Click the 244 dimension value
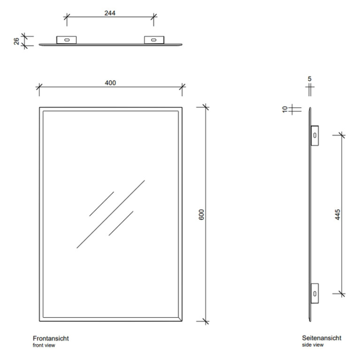pyautogui.click(x=110, y=13)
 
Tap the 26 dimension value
pyautogui.click(x=16, y=41)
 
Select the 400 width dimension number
pyautogui.click(x=110, y=83)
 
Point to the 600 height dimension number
pyautogui.click(x=201, y=214)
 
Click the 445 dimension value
pyautogui.click(x=337, y=214)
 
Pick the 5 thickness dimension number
pyautogui.click(x=309, y=79)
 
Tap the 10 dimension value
pyautogui.click(x=285, y=109)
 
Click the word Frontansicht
pyautogui.click(x=51, y=338)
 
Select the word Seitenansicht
pyautogui.click(x=322, y=338)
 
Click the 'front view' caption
pyautogui.click(x=44, y=345)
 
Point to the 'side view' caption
pyautogui.click(x=313, y=345)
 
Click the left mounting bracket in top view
pyautogui.click(x=67, y=40)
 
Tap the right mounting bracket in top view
pyautogui.click(x=154, y=40)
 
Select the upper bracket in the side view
pyautogui.click(x=315, y=136)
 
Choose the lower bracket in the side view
pyautogui.click(x=315, y=293)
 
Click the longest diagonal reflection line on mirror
pyautogui.click(x=111, y=214)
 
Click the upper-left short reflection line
pyautogui.click(x=101, y=204)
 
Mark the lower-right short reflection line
pyautogui.click(x=121, y=223)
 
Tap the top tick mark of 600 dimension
pyautogui.click(x=206, y=107)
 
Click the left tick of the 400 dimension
pyautogui.click(x=39, y=87)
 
